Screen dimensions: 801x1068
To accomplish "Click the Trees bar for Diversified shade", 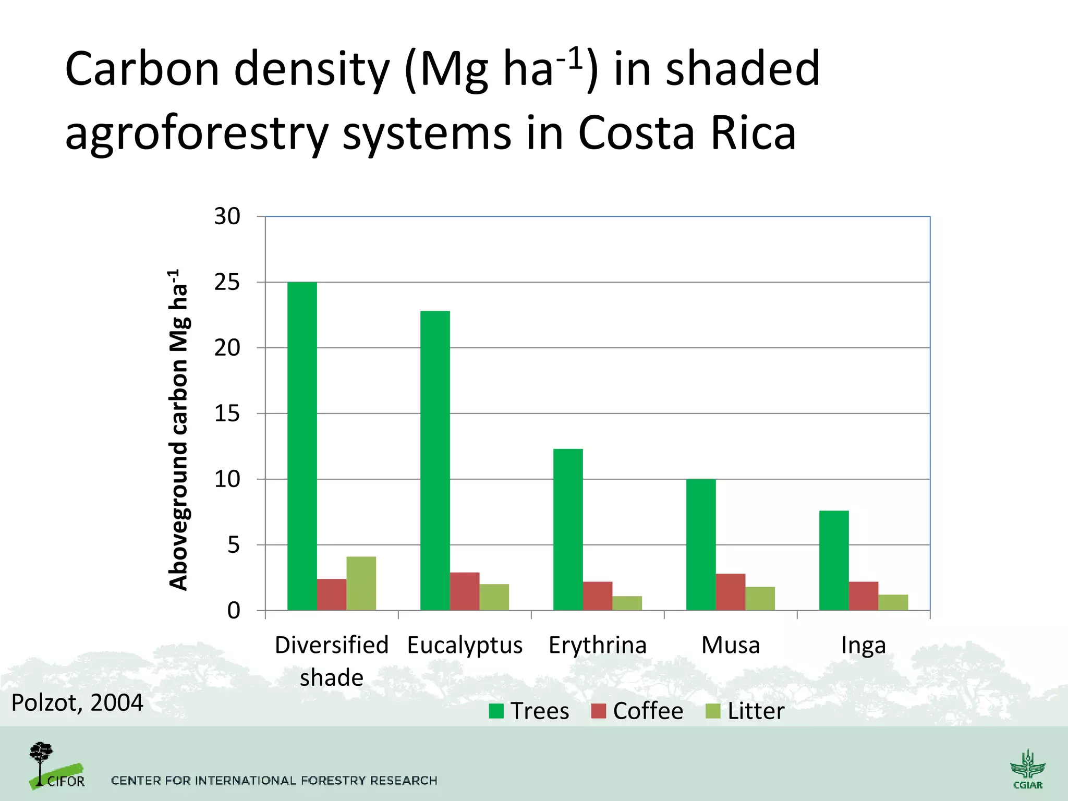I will tap(302, 446).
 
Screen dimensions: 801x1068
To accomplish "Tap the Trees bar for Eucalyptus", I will tap(435, 460).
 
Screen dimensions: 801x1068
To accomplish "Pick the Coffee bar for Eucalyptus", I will tap(465, 591).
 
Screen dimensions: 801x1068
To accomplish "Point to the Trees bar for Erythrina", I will tap(568, 529).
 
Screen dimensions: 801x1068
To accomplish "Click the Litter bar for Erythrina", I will tap(627, 603).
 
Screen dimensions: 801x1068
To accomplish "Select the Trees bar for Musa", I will tap(701, 544).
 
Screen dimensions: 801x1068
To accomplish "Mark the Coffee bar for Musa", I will tap(731, 592).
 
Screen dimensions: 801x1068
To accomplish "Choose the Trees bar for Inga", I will tap(834, 560).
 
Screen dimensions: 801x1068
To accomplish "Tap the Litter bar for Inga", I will tap(893, 602).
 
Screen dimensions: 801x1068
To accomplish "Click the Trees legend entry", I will tap(529, 711).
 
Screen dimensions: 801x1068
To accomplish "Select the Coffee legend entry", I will tap(637, 711).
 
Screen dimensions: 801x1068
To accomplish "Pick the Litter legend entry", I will tap(745, 711).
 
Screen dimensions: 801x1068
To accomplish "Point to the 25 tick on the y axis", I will tap(227, 282).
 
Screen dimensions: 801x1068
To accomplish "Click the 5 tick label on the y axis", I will tap(233, 545).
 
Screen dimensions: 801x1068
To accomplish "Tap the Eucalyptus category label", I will tap(465, 645).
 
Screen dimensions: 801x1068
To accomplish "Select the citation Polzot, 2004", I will tap(77, 702).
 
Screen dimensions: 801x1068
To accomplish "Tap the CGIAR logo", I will tap(1027, 769).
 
